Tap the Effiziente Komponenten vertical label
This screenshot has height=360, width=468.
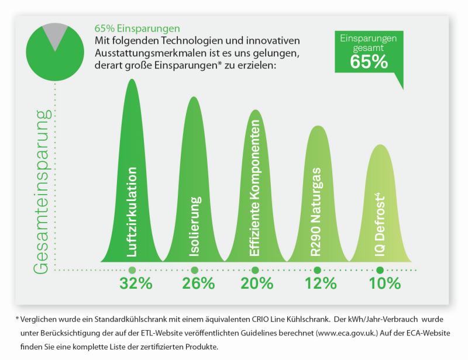point(254,193)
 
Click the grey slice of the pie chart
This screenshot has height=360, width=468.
point(56,34)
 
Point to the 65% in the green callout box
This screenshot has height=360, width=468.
point(369,61)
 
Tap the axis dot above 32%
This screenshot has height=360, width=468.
point(132,270)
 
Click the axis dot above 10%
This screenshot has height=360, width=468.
point(380,270)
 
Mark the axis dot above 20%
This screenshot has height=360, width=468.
point(254,270)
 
